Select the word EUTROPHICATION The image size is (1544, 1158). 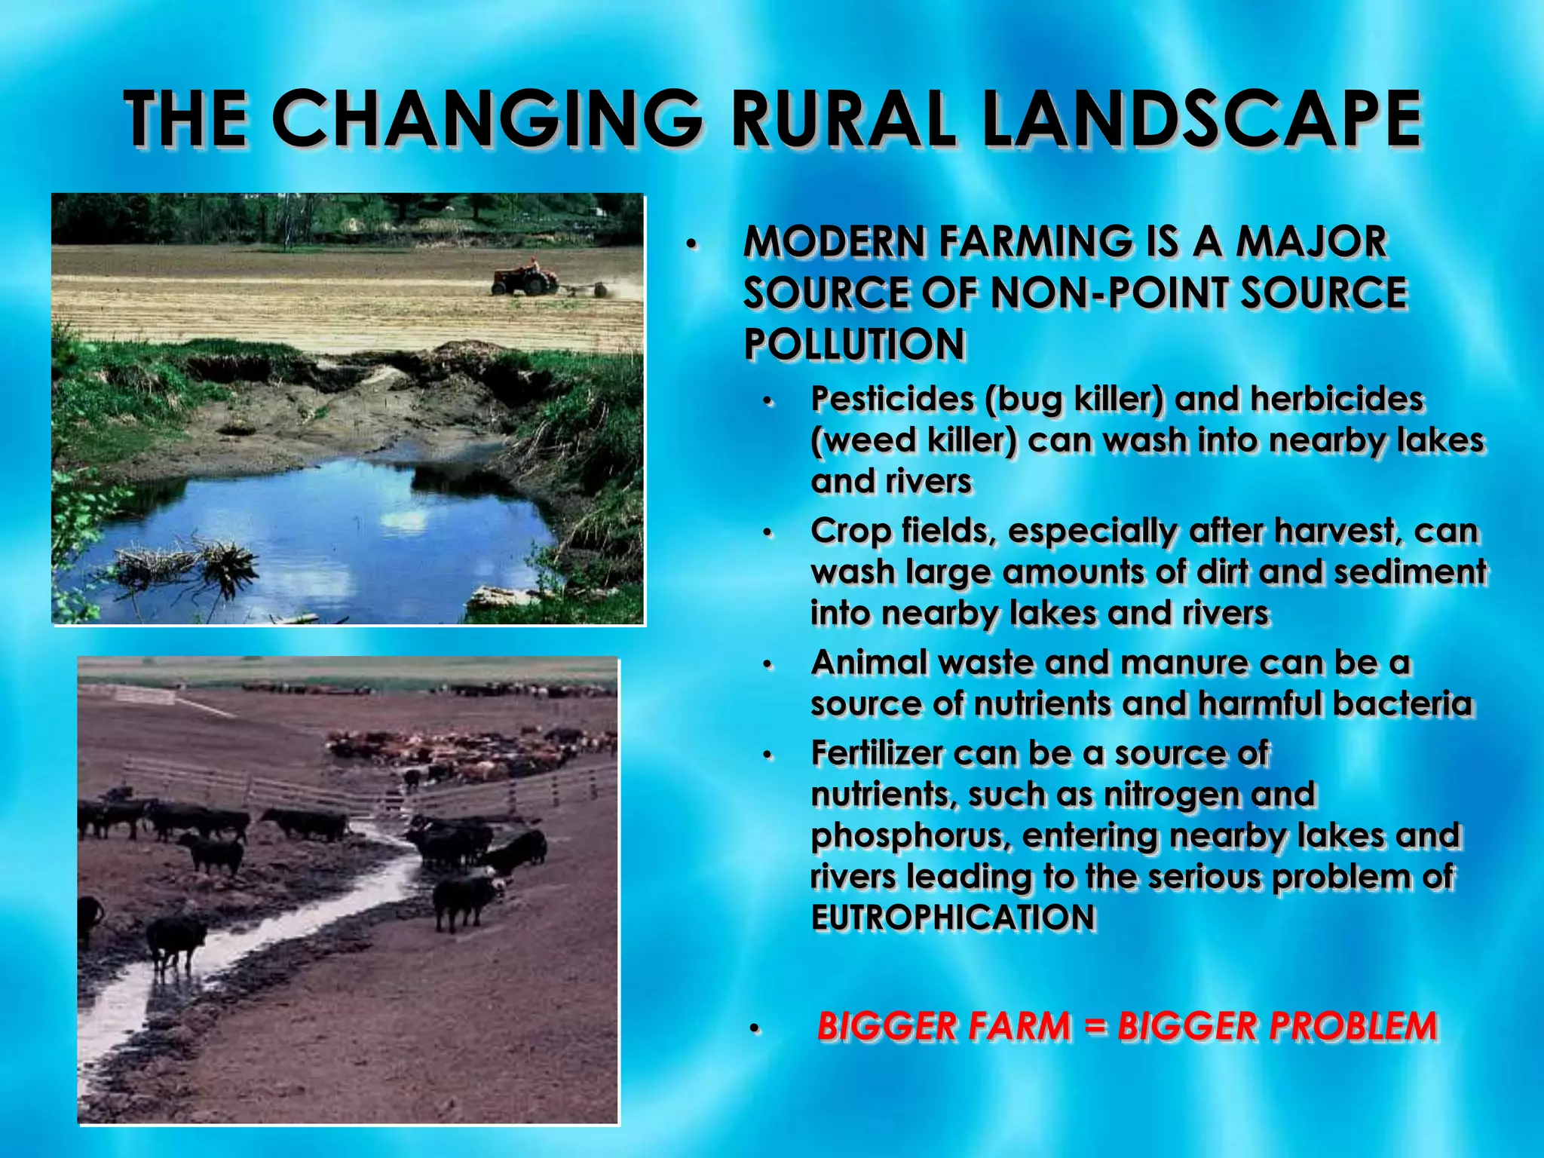953,918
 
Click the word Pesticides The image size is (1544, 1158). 892,399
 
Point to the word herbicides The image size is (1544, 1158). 1337,399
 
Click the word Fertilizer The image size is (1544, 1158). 877,753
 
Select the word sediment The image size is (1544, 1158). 1410,571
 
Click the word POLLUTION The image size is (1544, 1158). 854,345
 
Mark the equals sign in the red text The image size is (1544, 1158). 1093,1027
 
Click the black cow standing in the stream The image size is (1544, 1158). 175,942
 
